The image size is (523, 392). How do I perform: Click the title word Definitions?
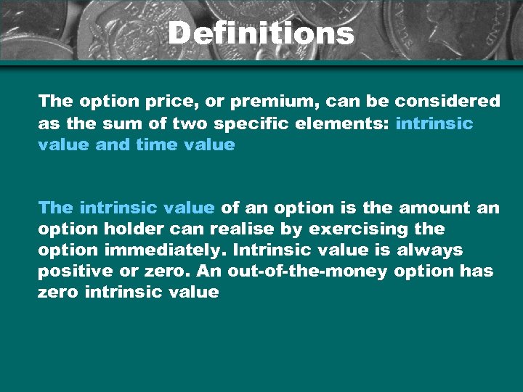(x=261, y=33)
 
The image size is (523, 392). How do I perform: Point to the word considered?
(x=447, y=101)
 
